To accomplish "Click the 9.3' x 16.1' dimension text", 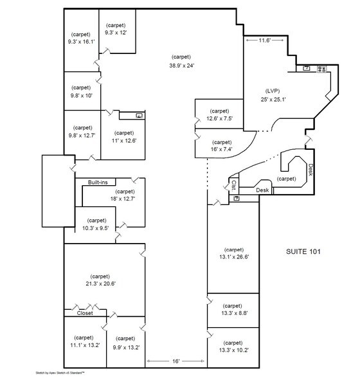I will (x=81, y=41).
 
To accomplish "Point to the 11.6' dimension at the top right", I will (x=264, y=40).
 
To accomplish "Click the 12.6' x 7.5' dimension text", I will (x=219, y=118).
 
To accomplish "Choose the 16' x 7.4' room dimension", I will (x=221, y=150).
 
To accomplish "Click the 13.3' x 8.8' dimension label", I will (x=232, y=314).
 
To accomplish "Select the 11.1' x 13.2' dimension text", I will (x=84, y=345).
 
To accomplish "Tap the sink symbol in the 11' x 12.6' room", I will (x=139, y=114).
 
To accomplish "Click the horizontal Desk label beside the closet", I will (x=262, y=190).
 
